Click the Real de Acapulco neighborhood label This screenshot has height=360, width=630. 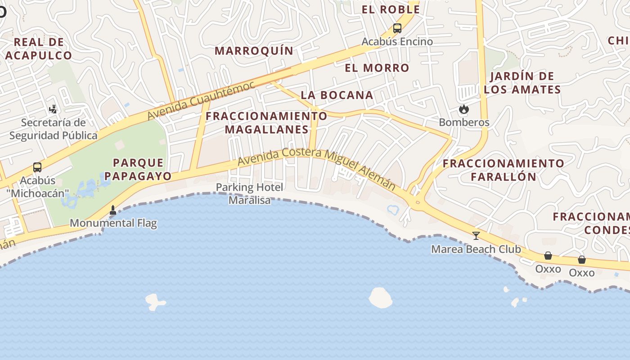(38, 49)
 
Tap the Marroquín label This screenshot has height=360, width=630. (254, 51)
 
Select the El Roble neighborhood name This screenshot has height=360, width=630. (391, 9)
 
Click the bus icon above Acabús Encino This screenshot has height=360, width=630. (397, 28)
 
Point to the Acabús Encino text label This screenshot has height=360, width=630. (397, 41)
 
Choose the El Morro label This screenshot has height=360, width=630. (377, 68)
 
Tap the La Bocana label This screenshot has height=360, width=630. (337, 95)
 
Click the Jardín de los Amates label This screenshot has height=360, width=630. (522, 83)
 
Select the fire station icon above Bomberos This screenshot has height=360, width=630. (463, 109)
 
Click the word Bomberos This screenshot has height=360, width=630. (463, 122)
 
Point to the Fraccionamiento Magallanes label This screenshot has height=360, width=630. (266, 123)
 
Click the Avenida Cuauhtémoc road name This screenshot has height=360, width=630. (201, 101)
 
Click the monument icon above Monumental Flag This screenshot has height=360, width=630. (112, 210)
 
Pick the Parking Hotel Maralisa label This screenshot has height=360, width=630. (250, 193)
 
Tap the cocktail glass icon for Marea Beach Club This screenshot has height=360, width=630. (476, 235)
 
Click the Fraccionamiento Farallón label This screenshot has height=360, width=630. (503, 170)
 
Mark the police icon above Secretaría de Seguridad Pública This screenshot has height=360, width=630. (53, 109)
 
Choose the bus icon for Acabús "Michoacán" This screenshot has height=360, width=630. (37, 167)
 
